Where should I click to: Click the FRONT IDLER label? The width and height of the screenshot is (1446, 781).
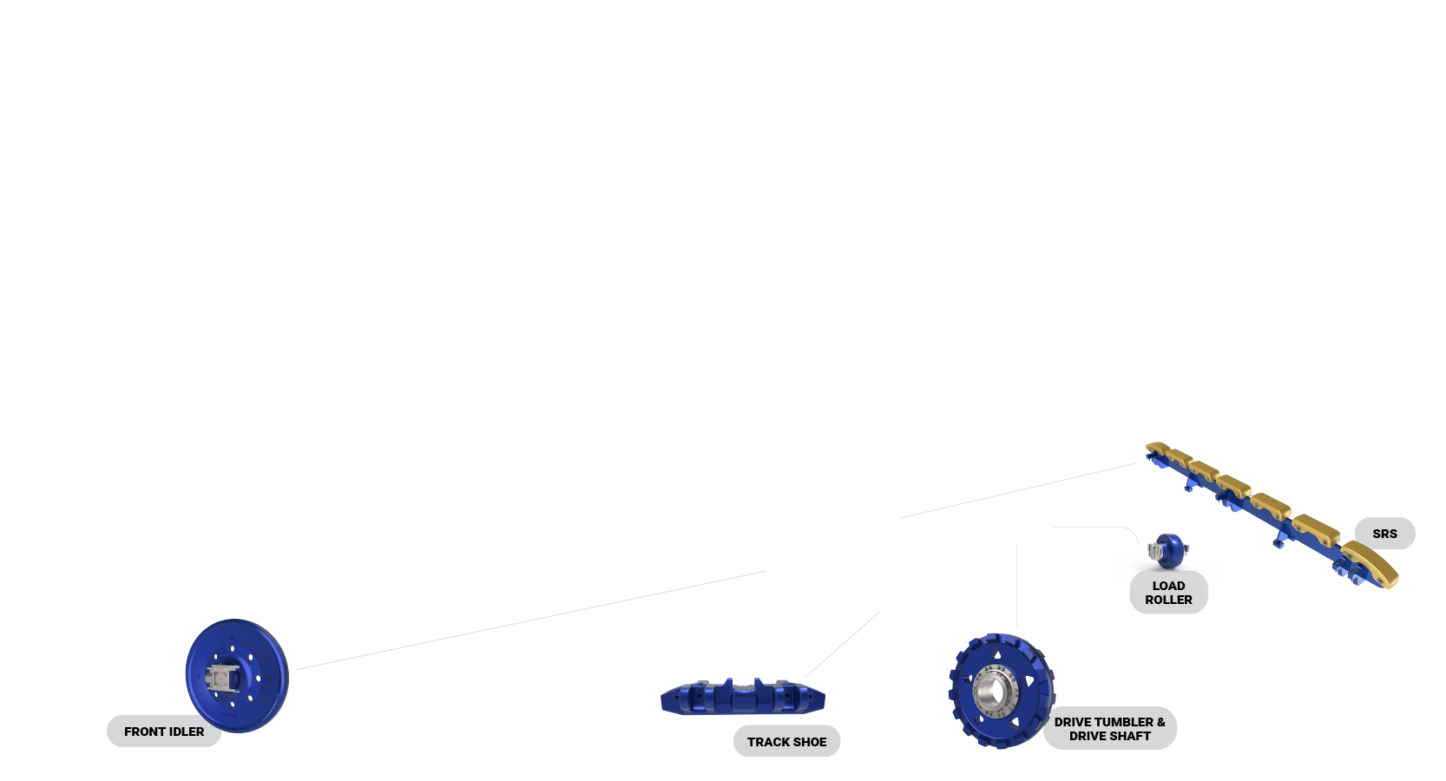tap(164, 732)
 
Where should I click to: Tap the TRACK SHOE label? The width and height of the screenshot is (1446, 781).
tap(786, 742)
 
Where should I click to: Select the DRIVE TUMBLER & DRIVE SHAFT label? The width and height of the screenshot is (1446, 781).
tap(1109, 729)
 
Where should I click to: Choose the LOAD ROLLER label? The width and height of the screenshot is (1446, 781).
tap(1168, 593)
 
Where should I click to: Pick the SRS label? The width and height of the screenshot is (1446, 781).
tap(1384, 534)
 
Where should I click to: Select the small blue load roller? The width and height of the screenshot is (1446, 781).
tap(1168, 550)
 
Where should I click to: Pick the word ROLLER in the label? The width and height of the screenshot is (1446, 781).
tap(1168, 600)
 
